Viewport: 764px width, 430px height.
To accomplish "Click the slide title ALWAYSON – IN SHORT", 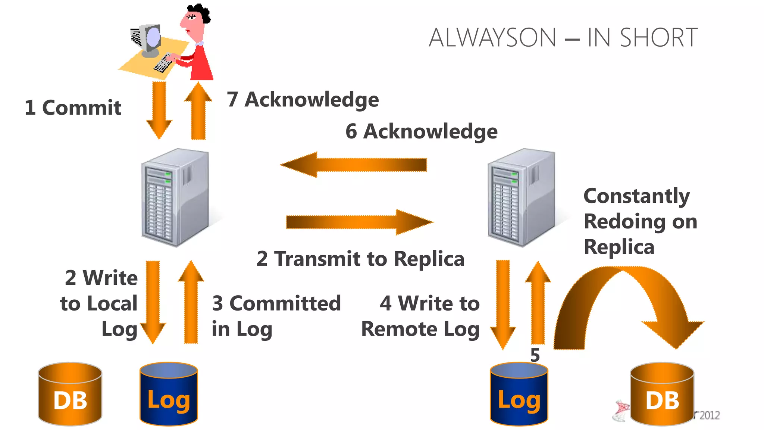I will [x=563, y=38].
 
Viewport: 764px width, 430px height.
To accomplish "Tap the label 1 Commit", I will [x=73, y=108].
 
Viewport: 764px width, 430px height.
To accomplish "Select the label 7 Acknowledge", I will [x=303, y=100].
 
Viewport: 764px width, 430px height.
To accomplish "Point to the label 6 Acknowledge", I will [x=421, y=131].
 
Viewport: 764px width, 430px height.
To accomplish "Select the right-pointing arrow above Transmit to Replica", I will [x=360, y=222].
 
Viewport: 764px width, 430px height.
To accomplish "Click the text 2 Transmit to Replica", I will [x=360, y=259].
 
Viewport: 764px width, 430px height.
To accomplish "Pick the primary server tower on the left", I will [x=175, y=198].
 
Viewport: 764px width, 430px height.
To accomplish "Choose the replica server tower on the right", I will [x=521, y=198].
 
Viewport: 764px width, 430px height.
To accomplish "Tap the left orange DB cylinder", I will [x=70, y=394].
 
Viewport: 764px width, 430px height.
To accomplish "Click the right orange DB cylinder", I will [x=662, y=394].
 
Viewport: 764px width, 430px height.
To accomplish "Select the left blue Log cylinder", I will [x=169, y=394].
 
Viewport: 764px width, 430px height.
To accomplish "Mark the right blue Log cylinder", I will [x=519, y=394].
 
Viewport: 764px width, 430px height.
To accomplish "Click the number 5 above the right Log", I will [x=535, y=355].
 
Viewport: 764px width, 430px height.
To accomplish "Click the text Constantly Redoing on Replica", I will [x=640, y=221].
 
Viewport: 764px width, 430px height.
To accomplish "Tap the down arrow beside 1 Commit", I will [x=159, y=110].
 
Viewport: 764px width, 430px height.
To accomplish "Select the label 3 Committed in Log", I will [x=276, y=316].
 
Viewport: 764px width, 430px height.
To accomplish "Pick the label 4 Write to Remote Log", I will [x=421, y=316].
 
